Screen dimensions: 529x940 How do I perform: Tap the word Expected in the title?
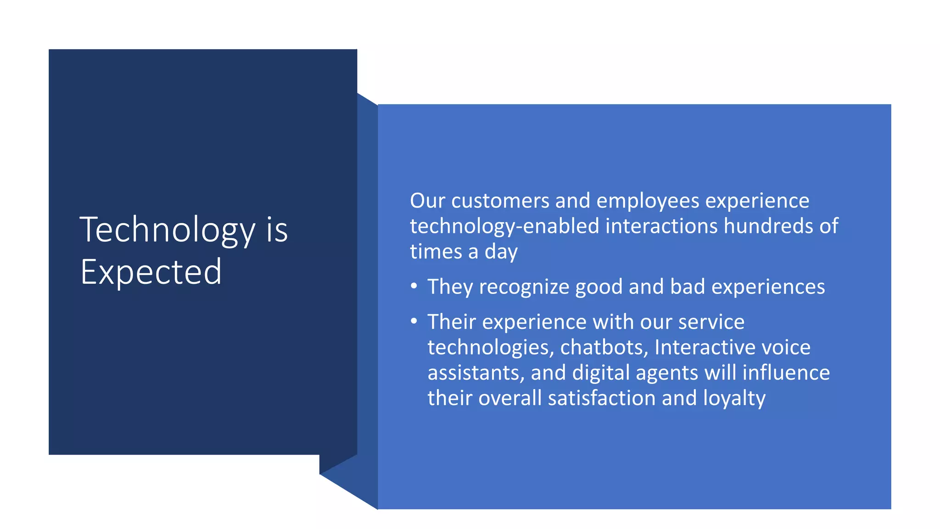tap(151, 272)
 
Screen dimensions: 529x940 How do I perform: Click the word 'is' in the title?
tap(277, 230)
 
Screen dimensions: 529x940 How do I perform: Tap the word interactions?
tap(661, 226)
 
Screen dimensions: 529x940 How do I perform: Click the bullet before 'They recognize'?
tap(414, 286)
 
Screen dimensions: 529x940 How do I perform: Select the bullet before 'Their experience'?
tap(414, 321)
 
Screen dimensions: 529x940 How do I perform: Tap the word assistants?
tap(476, 372)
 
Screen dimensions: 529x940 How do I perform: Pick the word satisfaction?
tap(602, 398)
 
